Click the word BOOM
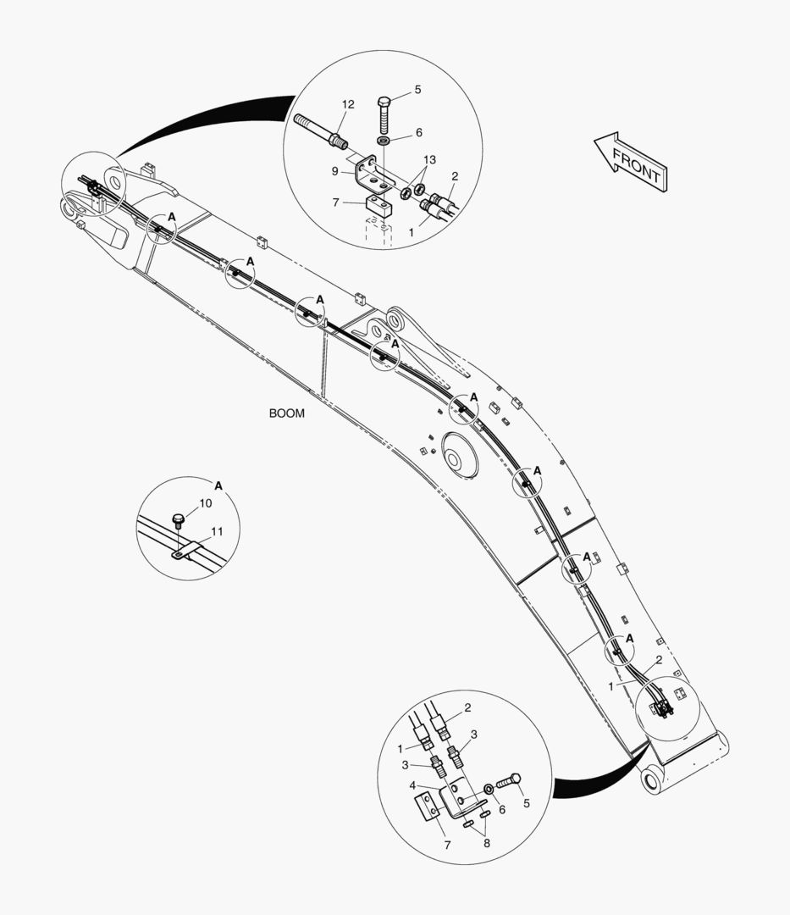click(286, 413)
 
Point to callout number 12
click(348, 104)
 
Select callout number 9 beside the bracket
click(334, 171)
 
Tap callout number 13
click(429, 159)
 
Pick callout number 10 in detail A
click(206, 503)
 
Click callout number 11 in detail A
click(217, 531)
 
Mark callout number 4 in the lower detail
click(413, 785)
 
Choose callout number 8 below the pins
click(487, 843)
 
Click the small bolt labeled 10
click(179, 520)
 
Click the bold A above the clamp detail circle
click(218, 485)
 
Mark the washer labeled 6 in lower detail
click(489, 790)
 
